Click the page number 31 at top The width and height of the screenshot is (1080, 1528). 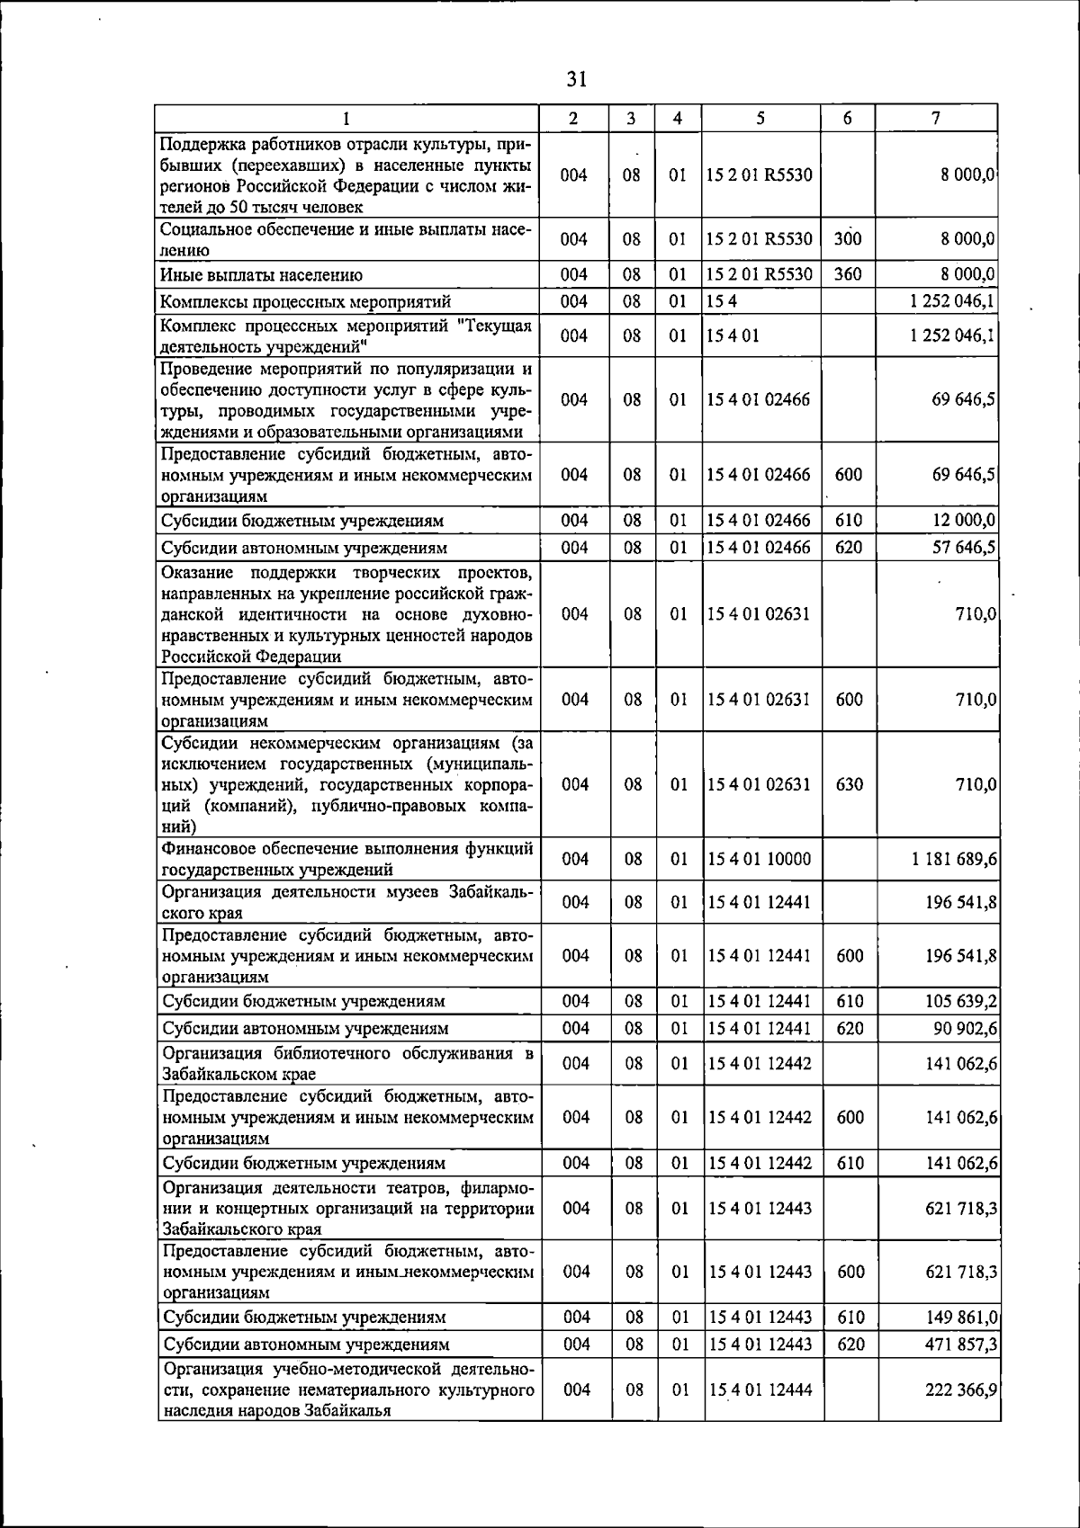[x=577, y=79]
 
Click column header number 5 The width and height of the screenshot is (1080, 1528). [x=760, y=118]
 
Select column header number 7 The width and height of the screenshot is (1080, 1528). [x=937, y=118]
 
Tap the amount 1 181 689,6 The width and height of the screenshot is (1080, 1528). [x=954, y=860]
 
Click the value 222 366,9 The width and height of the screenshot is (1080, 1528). [x=961, y=1390]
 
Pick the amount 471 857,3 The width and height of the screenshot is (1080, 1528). [x=961, y=1345]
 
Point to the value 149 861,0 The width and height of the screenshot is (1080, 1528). [x=961, y=1318]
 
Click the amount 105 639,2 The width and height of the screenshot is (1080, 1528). [x=961, y=1001]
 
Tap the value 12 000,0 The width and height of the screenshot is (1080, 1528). [x=964, y=521]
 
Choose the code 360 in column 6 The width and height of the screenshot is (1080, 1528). [x=848, y=274]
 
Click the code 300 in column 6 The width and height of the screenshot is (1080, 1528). [x=848, y=239]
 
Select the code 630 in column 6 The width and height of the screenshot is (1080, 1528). [x=849, y=784]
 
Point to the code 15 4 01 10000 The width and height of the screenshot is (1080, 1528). [x=760, y=860]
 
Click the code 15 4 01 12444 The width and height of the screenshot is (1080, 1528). [x=760, y=1390]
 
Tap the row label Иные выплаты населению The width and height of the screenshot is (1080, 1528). [x=262, y=275]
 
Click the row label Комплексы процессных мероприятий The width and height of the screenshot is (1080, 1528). [x=306, y=302]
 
